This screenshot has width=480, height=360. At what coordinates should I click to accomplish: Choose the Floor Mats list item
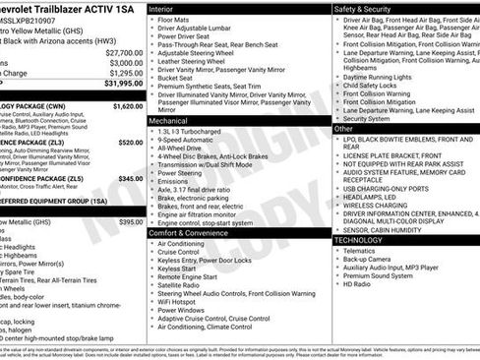[181, 20]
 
